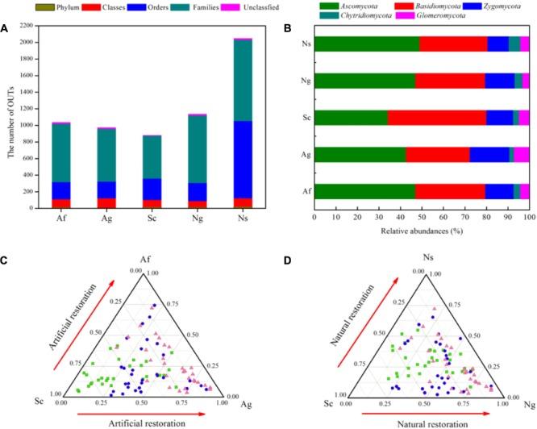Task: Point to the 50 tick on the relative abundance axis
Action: pyautogui.click(x=422, y=217)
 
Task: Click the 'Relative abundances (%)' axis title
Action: pyautogui.click(x=421, y=231)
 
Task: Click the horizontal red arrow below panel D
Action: pyautogui.click(x=420, y=411)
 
